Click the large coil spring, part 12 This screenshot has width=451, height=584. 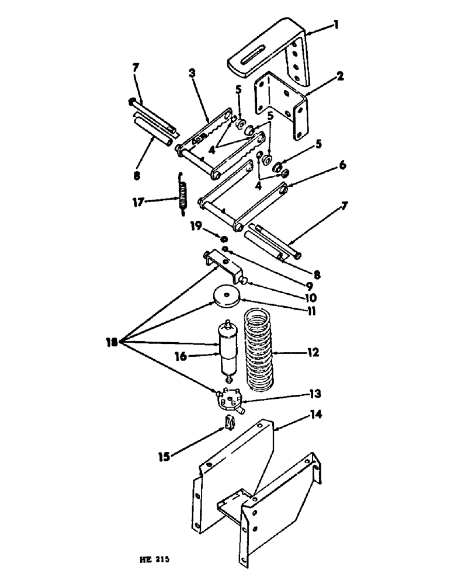click(259, 350)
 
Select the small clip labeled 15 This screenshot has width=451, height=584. click(230, 422)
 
